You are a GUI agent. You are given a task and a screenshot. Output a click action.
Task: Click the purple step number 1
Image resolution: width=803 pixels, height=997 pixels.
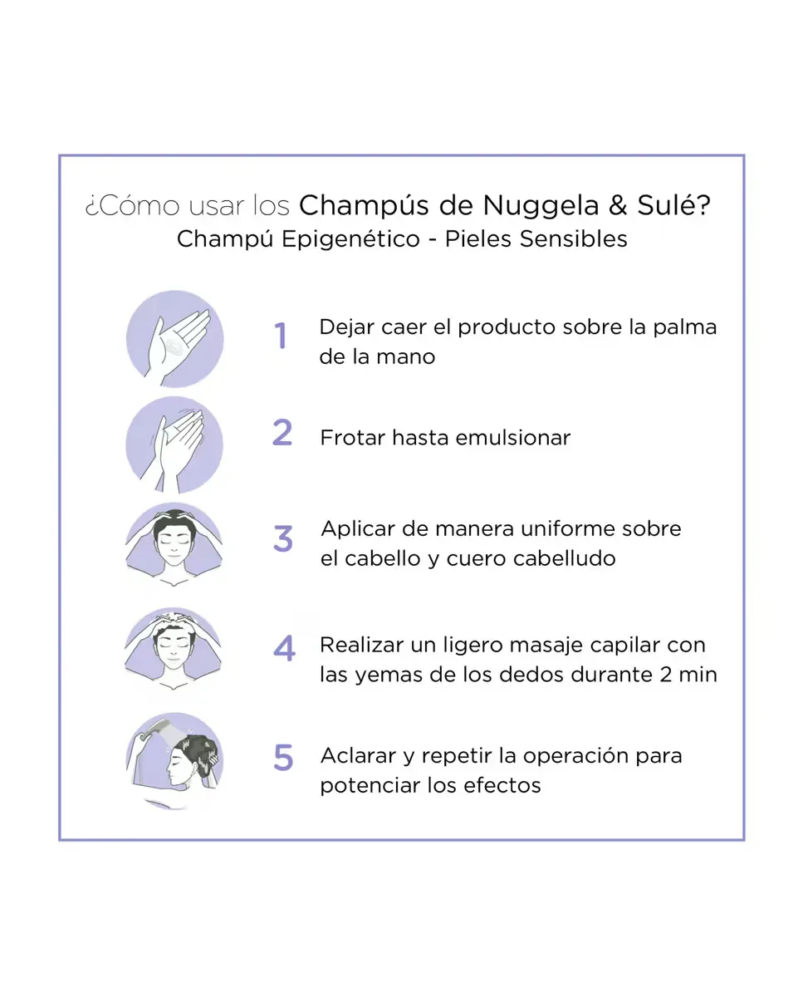pyautogui.click(x=280, y=335)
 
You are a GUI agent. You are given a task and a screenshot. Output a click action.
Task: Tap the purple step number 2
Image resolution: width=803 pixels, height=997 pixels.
pyautogui.click(x=282, y=432)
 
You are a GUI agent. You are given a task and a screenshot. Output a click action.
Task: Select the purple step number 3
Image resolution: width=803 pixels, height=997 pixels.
pyautogui.click(x=283, y=538)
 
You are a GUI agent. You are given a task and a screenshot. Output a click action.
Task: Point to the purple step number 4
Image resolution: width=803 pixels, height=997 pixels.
pyautogui.click(x=284, y=648)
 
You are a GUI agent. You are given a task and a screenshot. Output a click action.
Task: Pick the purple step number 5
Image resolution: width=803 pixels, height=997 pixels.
pyautogui.click(x=283, y=758)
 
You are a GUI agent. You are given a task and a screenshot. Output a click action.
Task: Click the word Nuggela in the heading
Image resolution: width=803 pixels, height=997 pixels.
pyautogui.click(x=541, y=206)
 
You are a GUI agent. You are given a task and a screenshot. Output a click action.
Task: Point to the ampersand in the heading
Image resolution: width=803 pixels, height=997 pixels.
pyautogui.click(x=618, y=205)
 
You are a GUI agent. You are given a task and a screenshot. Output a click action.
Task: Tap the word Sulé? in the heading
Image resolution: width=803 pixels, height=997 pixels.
pyautogui.click(x=673, y=204)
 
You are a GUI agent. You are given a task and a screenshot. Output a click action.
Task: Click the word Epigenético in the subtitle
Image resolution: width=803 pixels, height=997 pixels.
pyautogui.click(x=350, y=240)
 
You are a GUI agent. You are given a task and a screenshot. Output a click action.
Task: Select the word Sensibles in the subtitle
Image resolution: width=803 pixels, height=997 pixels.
pyautogui.click(x=573, y=239)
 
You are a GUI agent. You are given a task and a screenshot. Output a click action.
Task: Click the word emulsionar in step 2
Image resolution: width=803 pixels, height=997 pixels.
pyautogui.click(x=513, y=438)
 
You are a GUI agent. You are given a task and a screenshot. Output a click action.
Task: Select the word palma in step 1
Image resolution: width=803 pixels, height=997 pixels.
pyautogui.click(x=685, y=328)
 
